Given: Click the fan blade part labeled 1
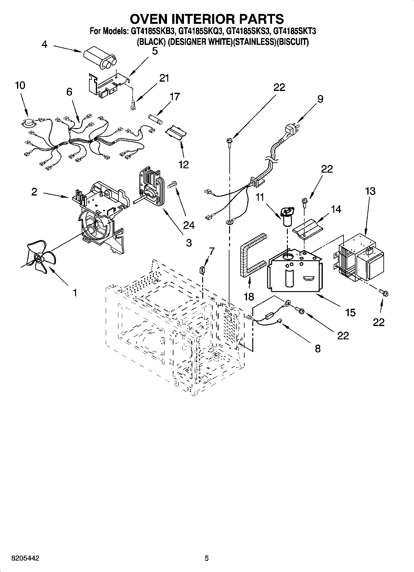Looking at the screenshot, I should click(39, 259).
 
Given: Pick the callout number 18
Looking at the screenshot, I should click(249, 297).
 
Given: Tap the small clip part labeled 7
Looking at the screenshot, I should click(203, 270).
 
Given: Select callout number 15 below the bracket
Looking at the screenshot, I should click(350, 313).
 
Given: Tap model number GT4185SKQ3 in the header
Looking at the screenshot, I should click(201, 31).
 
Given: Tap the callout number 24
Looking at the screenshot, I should click(189, 225).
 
